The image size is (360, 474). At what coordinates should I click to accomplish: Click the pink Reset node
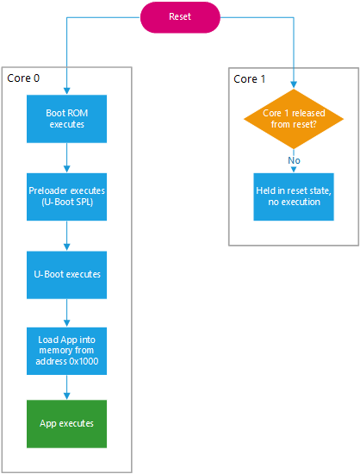click(x=179, y=17)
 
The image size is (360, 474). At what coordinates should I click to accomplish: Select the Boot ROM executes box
click(x=66, y=118)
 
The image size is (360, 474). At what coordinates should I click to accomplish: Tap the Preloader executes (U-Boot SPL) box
click(x=66, y=196)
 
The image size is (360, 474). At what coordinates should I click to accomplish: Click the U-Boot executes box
click(x=66, y=274)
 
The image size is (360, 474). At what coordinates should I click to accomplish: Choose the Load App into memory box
click(x=66, y=349)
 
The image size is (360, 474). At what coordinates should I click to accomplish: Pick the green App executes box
click(x=66, y=423)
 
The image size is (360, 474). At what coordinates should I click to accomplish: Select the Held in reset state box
click(x=294, y=196)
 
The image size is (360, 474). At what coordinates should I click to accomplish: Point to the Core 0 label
click(x=23, y=78)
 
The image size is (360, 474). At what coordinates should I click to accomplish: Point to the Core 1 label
click(x=251, y=78)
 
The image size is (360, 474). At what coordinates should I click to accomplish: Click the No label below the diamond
click(x=294, y=159)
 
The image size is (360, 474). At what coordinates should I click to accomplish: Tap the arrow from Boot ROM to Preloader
click(x=66, y=158)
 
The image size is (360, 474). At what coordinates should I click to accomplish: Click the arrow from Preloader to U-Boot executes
click(x=66, y=235)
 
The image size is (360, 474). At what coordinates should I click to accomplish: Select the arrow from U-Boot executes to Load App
click(x=66, y=311)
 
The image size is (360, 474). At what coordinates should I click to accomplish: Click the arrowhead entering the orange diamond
click(x=294, y=86)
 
